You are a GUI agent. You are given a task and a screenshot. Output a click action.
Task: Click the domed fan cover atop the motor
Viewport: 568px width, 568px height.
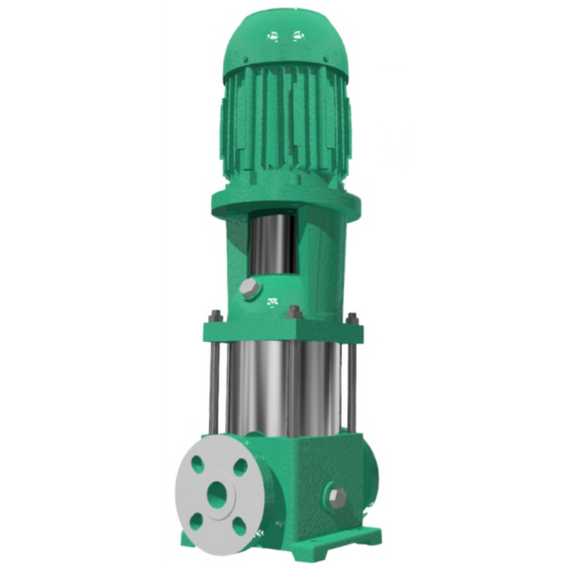(x=284, y=43)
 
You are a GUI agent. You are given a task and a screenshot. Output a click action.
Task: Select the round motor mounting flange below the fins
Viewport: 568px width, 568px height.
(x=284, y=204)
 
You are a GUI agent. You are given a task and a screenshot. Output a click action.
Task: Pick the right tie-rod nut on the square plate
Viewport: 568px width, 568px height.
(x=352, y=319)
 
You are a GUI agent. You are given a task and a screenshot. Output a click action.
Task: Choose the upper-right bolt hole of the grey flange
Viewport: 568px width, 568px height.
(x=240, y=467)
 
